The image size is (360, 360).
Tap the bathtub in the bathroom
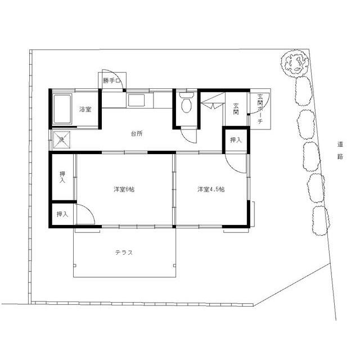62,110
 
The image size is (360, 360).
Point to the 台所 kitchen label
136,134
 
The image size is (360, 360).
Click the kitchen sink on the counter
136,101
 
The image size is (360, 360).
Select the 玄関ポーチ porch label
260,110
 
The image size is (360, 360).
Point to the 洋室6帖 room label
124,190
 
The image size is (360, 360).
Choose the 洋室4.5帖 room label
211,190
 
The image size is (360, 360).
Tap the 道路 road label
340,151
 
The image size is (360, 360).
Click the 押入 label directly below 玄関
236,140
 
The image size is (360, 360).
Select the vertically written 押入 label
62,177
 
